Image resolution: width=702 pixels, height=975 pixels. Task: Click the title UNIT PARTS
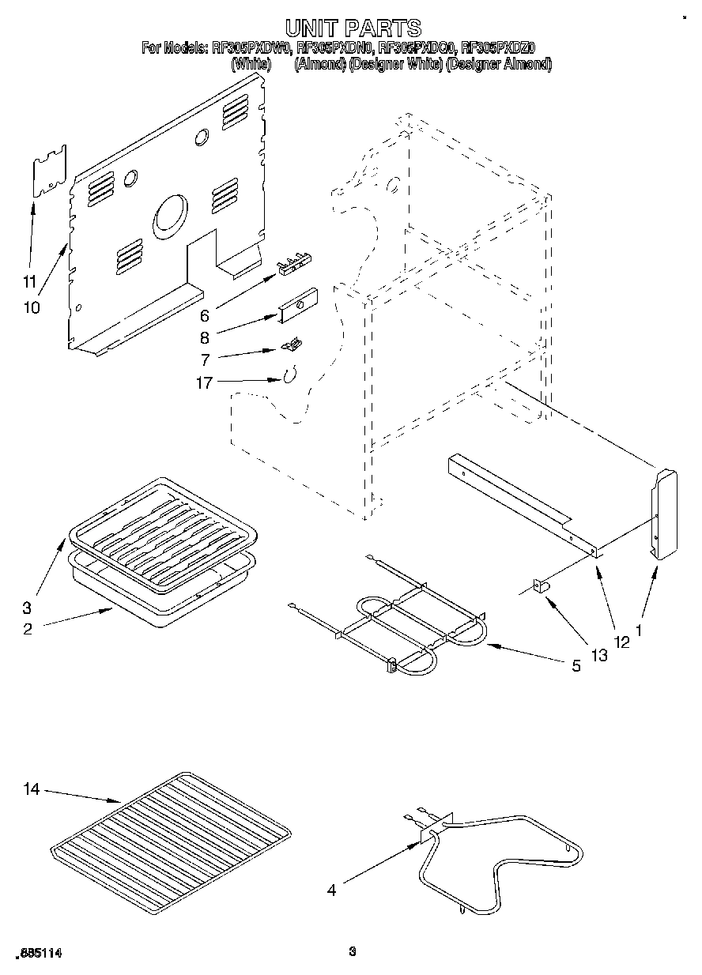(x=353, y=28)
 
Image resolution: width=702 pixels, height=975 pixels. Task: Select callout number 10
(x=32, y=307)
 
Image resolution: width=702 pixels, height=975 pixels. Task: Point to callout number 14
(x=31, y=788)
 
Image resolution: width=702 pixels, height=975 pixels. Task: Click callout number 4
(x=332, y=890)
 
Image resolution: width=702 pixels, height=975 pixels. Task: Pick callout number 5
(x=576, y=665)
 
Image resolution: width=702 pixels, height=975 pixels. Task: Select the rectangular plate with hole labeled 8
(x=296, y=305)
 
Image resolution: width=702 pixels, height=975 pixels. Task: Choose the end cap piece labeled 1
(x=663, y=514)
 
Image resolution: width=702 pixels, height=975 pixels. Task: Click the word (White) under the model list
(x=251, y=65)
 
